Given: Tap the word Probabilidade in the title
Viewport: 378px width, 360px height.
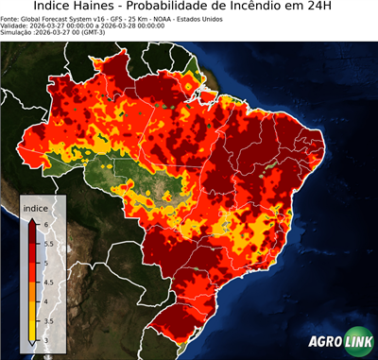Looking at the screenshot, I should pos(201,8).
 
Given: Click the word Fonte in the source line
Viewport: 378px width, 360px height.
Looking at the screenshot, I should pos(11,18).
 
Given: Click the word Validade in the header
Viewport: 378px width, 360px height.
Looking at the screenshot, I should pos(16,26).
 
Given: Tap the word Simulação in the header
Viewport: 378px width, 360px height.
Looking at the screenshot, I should pos(18,33).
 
